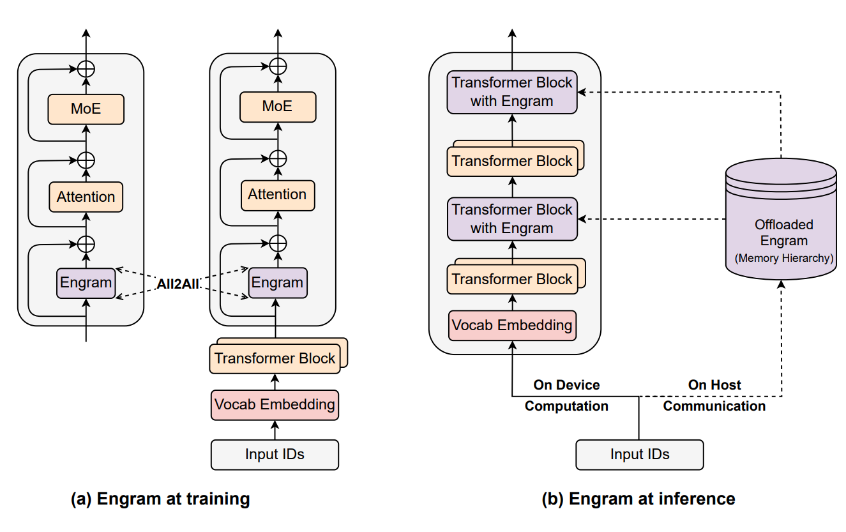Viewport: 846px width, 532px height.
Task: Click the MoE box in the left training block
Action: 86,109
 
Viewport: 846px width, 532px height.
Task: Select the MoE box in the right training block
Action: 277,106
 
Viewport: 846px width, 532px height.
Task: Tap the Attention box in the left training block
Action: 86,197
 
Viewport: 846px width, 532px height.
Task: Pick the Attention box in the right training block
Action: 277,194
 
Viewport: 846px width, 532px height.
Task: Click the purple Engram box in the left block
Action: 86,282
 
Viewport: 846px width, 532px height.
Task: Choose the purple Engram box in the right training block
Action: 277,282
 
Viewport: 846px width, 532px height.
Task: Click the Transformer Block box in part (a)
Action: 275,358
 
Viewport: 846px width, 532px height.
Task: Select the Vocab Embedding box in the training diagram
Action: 275,404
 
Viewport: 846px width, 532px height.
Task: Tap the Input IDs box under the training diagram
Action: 275,455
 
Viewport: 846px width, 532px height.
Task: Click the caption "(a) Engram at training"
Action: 160,499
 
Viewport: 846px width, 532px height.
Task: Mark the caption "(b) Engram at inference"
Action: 638,499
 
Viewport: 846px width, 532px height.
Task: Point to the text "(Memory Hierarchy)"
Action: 783,258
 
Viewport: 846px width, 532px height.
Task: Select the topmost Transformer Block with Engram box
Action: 512,92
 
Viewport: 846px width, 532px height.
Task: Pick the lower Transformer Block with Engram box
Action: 512,219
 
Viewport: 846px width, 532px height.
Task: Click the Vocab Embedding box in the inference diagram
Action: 512,325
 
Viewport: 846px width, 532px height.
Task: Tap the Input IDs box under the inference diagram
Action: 640,455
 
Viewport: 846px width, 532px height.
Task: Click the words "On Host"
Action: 714,385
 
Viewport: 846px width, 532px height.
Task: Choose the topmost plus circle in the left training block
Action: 86,68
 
